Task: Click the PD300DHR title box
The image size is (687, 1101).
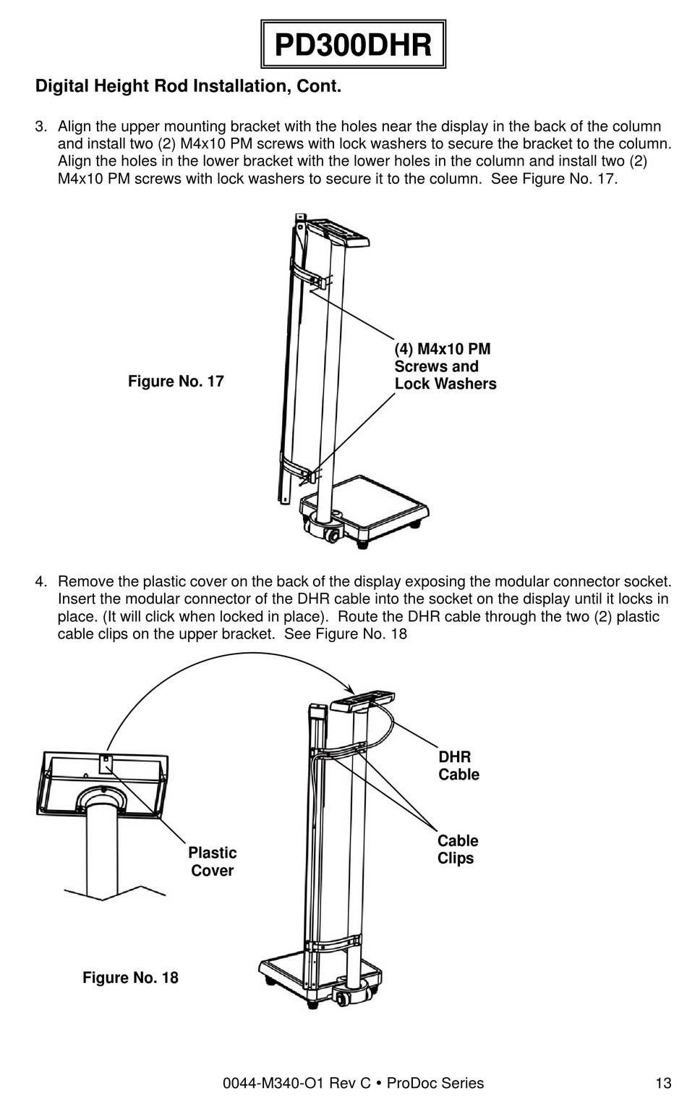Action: click(353, 46)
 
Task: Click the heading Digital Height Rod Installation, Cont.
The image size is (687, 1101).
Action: click(188, 87)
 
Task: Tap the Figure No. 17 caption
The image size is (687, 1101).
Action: click(176, 381)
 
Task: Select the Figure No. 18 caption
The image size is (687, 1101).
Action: click(130, 977)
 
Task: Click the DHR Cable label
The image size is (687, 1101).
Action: click(458, 766)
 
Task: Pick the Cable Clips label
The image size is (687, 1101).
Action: click(457, 849)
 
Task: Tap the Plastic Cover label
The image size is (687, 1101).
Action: click(212, 861)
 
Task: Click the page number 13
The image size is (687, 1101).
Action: click(663, 1084)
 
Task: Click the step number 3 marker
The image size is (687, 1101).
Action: click(40, 127)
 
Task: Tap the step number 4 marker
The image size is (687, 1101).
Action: click(40, 582)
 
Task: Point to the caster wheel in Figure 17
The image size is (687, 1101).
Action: click(333, 536)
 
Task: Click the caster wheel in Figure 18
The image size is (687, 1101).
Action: click(341, 998)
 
